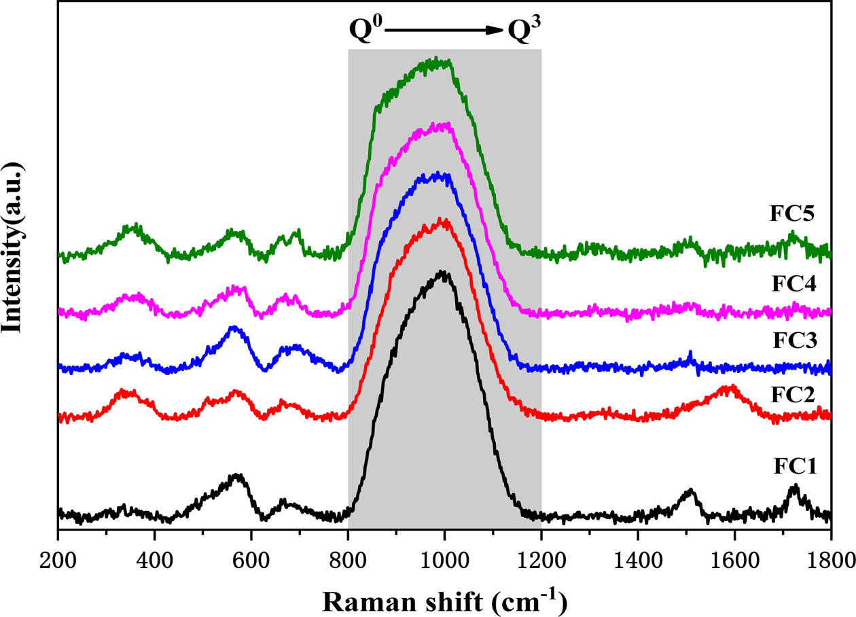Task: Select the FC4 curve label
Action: (793, 281)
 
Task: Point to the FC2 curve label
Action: (793, 393)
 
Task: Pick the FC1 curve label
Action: (793, 467)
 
